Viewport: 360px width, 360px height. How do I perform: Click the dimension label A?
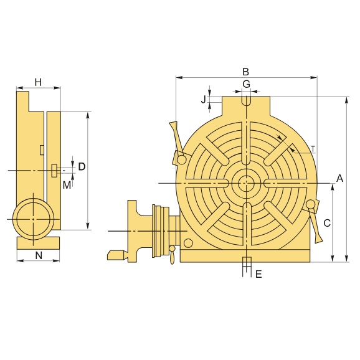(339, 178)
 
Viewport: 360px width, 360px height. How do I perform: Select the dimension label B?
(246, 71)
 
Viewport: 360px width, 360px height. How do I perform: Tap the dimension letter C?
(326, 222)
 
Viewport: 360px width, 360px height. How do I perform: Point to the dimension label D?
(82, 166)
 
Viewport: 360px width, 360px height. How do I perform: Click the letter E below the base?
(258, 274)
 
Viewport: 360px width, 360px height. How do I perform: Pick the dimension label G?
(246, 83)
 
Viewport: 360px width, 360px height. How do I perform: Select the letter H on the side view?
(38, 82)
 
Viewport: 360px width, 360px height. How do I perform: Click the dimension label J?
(203, 100)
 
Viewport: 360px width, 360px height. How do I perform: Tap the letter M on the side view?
(67, 185)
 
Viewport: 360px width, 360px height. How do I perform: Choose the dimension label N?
(39, 255)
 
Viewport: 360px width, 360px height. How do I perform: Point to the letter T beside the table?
(313, 148)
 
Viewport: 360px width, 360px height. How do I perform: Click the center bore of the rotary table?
(246, 183)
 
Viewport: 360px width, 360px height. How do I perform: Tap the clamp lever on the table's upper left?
(174, 140)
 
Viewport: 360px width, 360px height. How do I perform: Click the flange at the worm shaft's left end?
(133, 230)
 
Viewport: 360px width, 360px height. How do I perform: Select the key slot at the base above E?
(246, 260)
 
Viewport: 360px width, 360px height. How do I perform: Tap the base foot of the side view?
(38, 242)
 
